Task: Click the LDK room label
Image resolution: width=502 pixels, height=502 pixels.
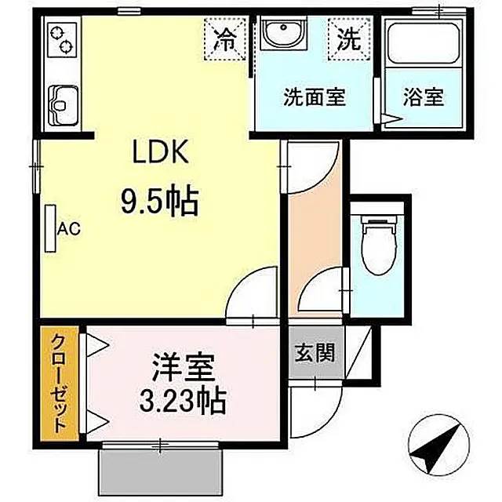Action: [160, 152]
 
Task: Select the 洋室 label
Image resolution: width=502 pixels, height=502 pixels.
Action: [183, 367]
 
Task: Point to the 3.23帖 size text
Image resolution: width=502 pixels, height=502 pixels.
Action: [183, 400]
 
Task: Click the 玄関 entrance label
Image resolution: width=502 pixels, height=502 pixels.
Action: [315, 353]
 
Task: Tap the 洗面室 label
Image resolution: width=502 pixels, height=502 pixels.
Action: [315, 97]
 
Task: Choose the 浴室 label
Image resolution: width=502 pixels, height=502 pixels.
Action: [424, 97]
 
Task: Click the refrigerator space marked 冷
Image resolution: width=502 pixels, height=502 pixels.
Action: [225, 39]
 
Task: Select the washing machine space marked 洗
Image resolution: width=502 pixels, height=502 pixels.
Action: [349, 39]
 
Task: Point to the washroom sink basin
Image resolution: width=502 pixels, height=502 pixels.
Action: [283, 33]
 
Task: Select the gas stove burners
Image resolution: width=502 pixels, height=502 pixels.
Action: [62, 40]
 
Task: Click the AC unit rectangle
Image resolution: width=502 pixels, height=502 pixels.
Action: [50, 228]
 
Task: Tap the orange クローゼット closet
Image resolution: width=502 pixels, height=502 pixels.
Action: [60, 384]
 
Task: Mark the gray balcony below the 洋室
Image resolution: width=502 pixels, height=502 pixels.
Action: [160, 473]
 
